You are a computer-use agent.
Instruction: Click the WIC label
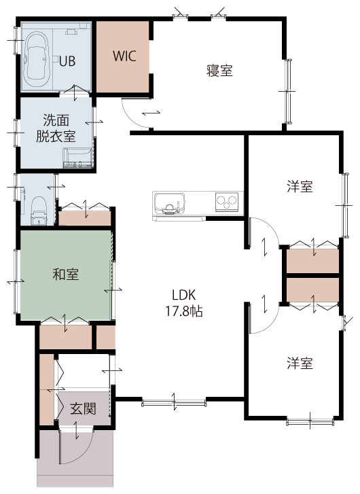click(124, 56)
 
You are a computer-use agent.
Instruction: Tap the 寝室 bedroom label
click(219, 71)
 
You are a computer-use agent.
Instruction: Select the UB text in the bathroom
click(67, 61)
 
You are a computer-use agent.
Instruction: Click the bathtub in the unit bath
click(37, 59)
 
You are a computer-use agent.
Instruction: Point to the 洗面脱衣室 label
click(56, 128)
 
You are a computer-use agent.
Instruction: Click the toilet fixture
click(39, 211)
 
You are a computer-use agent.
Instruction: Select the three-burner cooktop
click(227, 202)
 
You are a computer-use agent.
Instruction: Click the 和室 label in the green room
click(65, 274)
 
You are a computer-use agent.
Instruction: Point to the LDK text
click(184, 295)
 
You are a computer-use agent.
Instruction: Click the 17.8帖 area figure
click(184, 311)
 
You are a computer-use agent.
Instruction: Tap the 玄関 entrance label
click(82, 408)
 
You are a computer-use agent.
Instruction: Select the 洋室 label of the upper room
click(300, 186)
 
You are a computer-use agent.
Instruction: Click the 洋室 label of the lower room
click(300, 363)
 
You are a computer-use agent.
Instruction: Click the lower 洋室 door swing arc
click(270, 325)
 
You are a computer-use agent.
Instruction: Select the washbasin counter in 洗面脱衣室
click(78, 158)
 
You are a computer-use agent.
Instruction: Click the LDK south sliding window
click(174, 403)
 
